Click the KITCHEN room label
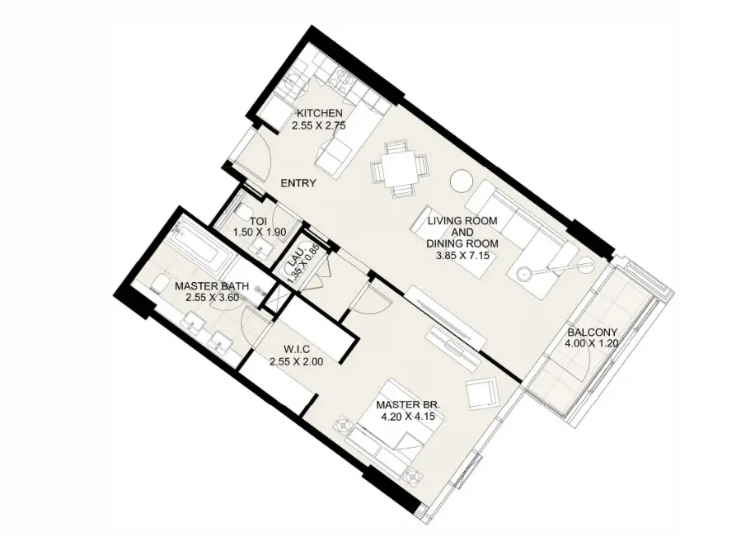coord(319,113)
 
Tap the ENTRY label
coord(298,183)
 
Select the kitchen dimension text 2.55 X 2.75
coord(319,126)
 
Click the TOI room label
coord(259,221)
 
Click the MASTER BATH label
coord(212,286)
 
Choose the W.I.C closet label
coord(297,349)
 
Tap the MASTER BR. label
coord(408,404)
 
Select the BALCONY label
coord(593,332)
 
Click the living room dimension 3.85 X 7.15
coord(462,256)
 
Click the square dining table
coord(399,169)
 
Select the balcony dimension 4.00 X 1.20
coord(593,343)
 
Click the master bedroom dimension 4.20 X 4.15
coord(408,416)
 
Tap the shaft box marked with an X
coord(277,299)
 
